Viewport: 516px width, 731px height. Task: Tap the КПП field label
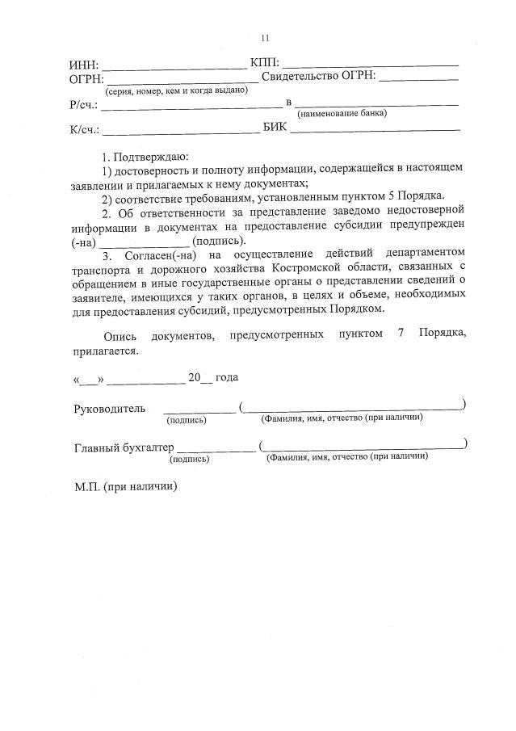pyautogui.click(x=264, y=62)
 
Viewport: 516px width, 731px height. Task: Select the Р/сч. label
pyautogui.click(x=84, y=105)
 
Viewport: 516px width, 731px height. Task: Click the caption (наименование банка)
pyautogui.click(x=342, y=114)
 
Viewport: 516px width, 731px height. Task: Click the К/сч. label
pyautogui.click(x=84, y=129)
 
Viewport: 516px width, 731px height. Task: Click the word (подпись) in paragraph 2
pyautogui.click(x=219, y=241)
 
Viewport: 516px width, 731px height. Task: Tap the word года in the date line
pyautogui.click(x=227, y=377)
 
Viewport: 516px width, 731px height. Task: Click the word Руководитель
pyautogui.click(x=110, y=409)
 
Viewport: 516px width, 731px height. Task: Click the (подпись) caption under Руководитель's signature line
pyautogui.click(x=187, y=420)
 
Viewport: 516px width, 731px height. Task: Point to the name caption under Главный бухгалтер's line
pyautogui.click(x=347, y=456)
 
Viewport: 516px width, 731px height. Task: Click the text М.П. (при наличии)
pyautogui.click(x=125, y=486)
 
